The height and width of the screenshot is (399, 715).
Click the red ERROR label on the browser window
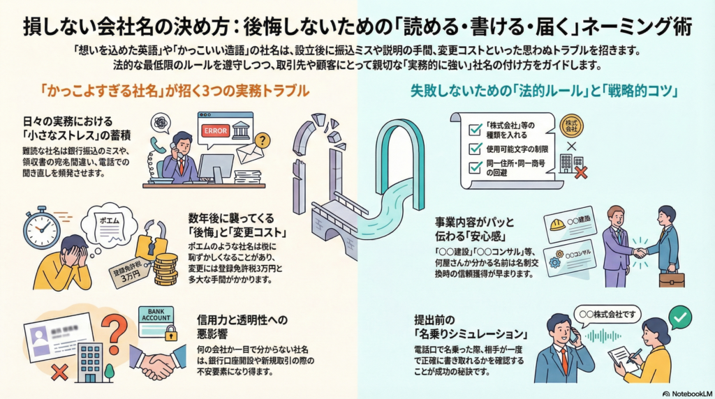(x=214, y=130)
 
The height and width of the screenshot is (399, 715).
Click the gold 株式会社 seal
(x=570, y=126)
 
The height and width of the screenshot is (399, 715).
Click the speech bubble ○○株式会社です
(x=606, y=314)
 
